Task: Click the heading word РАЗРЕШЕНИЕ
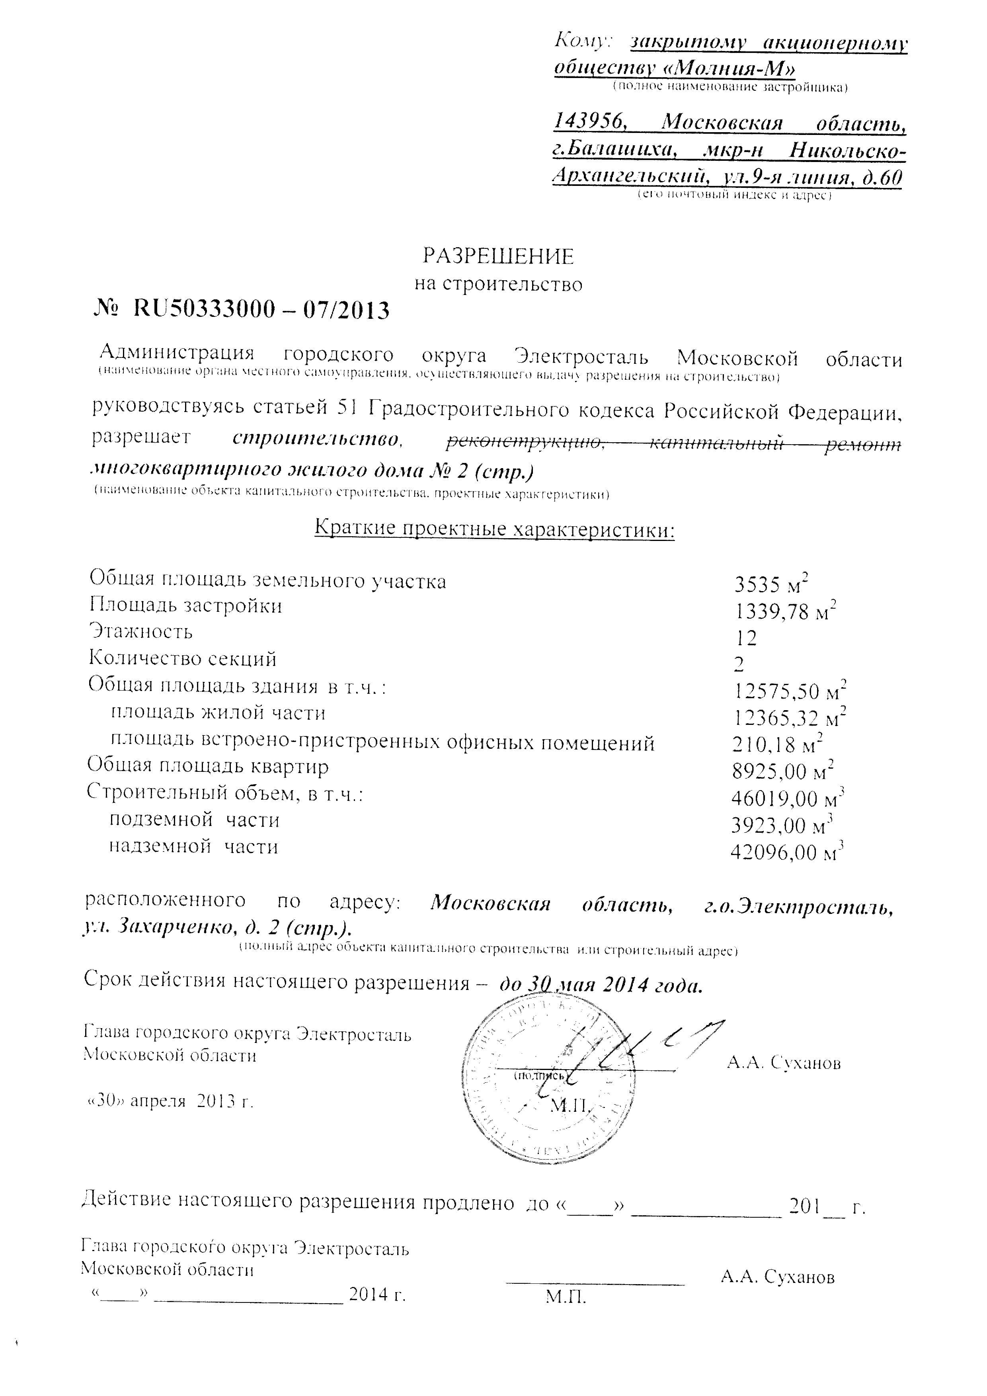pyautogui.click(x=498, y=257)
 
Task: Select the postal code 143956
pyautogui.click(x=589, y=121)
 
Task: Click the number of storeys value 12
pyautogui.click(x=746, y=638)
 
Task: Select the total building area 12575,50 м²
pyautogui.click(x=789, y=691)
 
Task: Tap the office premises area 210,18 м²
pyautogui.click(x=778, y=744)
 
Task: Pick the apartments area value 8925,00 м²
pyautogui.click(x=783, y=771)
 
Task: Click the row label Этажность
pyautogui.click(x=141, y=632)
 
